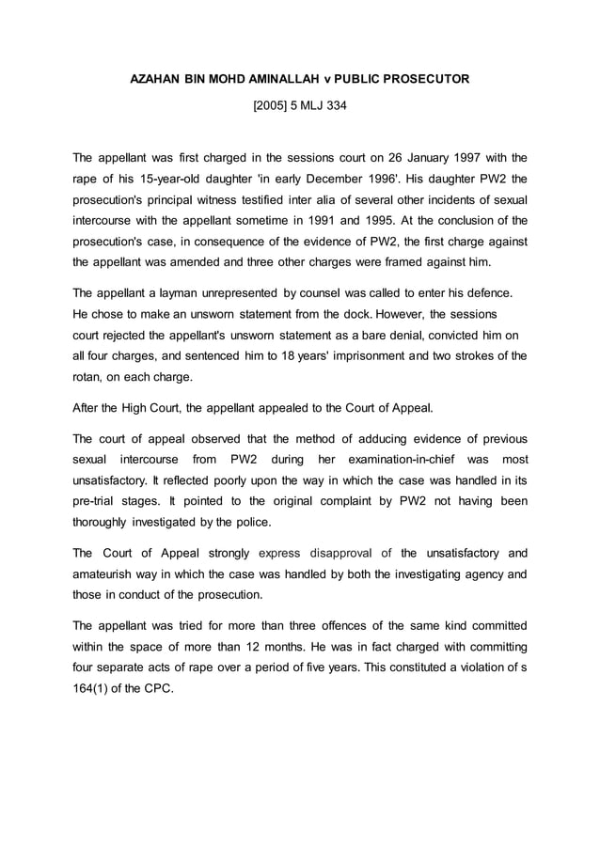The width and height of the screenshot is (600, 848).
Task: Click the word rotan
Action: [x=89, y=377]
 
